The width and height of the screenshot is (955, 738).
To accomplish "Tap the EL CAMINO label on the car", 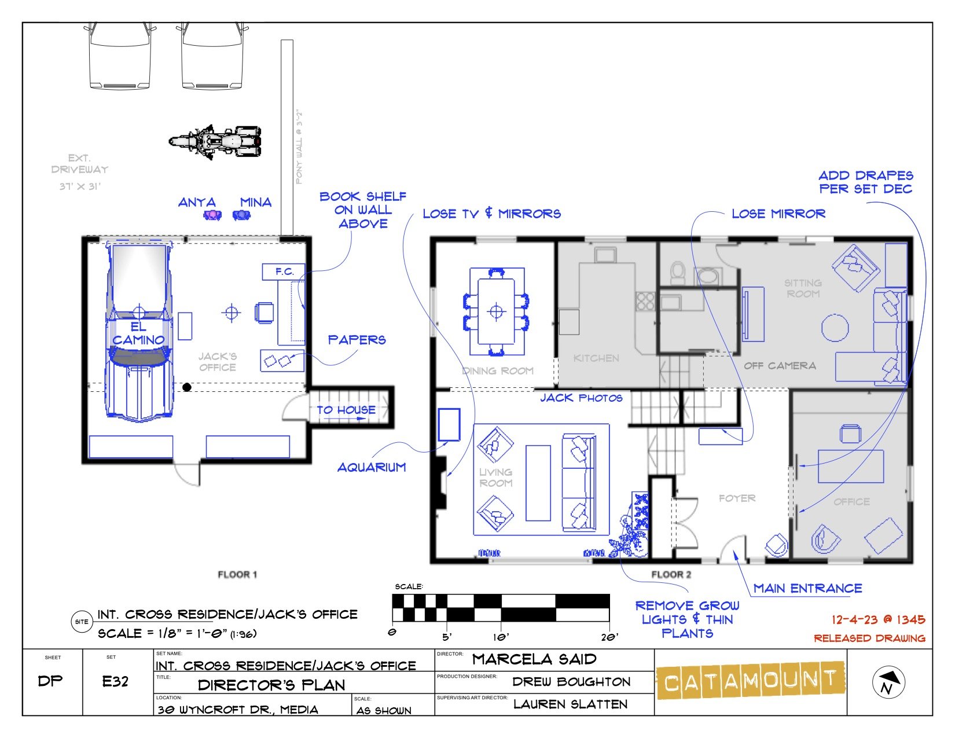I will point(138,334).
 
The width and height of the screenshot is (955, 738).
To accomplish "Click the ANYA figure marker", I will point(212,215).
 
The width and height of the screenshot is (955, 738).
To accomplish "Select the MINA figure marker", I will point(241,215).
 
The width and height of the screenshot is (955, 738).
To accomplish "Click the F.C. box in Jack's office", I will point(284,271).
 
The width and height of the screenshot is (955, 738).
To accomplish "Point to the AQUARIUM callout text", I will point(372,467).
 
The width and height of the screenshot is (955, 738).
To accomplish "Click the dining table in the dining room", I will point(496,311).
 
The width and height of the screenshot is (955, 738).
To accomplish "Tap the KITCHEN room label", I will point(596,358).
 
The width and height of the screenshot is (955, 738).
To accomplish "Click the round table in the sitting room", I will point(835,327).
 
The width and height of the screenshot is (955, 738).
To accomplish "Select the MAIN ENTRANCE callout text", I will point(807,589).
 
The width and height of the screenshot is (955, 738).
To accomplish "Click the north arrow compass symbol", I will point(888,681).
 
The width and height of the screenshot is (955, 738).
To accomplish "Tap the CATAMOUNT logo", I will point(750,681).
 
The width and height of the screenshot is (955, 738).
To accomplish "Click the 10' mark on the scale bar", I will point(501,636).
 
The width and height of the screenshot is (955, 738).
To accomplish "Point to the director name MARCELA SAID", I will point(534,659).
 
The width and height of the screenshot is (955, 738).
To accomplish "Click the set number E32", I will point(115,681).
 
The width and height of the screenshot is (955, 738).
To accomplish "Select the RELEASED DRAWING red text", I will point(869,638).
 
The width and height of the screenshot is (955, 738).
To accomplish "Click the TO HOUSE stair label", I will point(346,410).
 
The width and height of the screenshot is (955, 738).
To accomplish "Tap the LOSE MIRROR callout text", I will point(778,214).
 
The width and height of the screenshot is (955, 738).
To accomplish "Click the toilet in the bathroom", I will point(678,271).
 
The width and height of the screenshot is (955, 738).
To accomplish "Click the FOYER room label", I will point(737,498).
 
